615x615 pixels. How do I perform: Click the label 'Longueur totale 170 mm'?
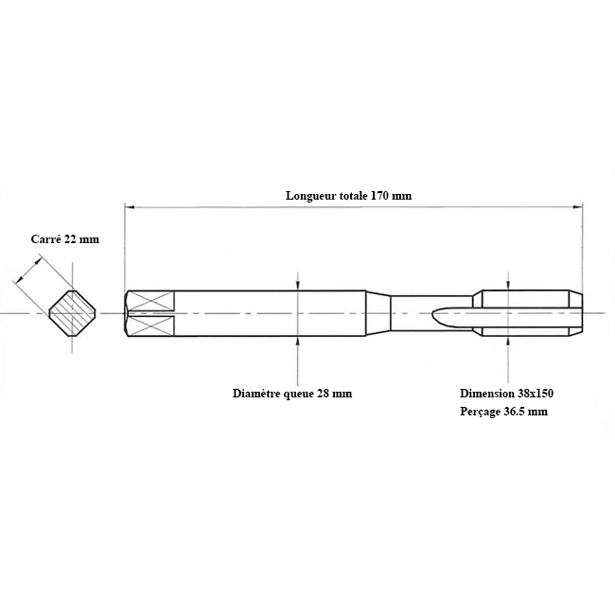point(349,195)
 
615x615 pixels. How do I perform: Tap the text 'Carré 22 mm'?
point(65,239)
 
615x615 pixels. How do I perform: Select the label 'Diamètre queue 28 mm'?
point(292,394)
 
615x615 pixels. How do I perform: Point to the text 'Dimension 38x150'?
point(507,394)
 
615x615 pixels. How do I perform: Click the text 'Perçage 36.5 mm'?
point(504,412)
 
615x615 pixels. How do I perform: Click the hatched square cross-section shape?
point(73,313)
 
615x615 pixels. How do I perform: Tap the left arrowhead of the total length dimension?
point(130,206)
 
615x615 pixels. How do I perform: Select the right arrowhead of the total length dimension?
point(577,206)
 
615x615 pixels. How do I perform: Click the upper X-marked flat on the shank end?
point(150,301)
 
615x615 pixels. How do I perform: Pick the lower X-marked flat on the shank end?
point(150,325)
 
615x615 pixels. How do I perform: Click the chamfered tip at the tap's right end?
point(575,313)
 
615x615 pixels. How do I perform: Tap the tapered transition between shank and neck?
point(378,313)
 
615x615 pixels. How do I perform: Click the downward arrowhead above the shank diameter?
point(298,286)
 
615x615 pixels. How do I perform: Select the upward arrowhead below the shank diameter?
point(298,342)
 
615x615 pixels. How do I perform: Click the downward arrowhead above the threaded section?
point(509,285)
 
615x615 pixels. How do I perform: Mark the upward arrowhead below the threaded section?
point(509,342)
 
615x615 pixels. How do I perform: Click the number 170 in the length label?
point(380,195)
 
